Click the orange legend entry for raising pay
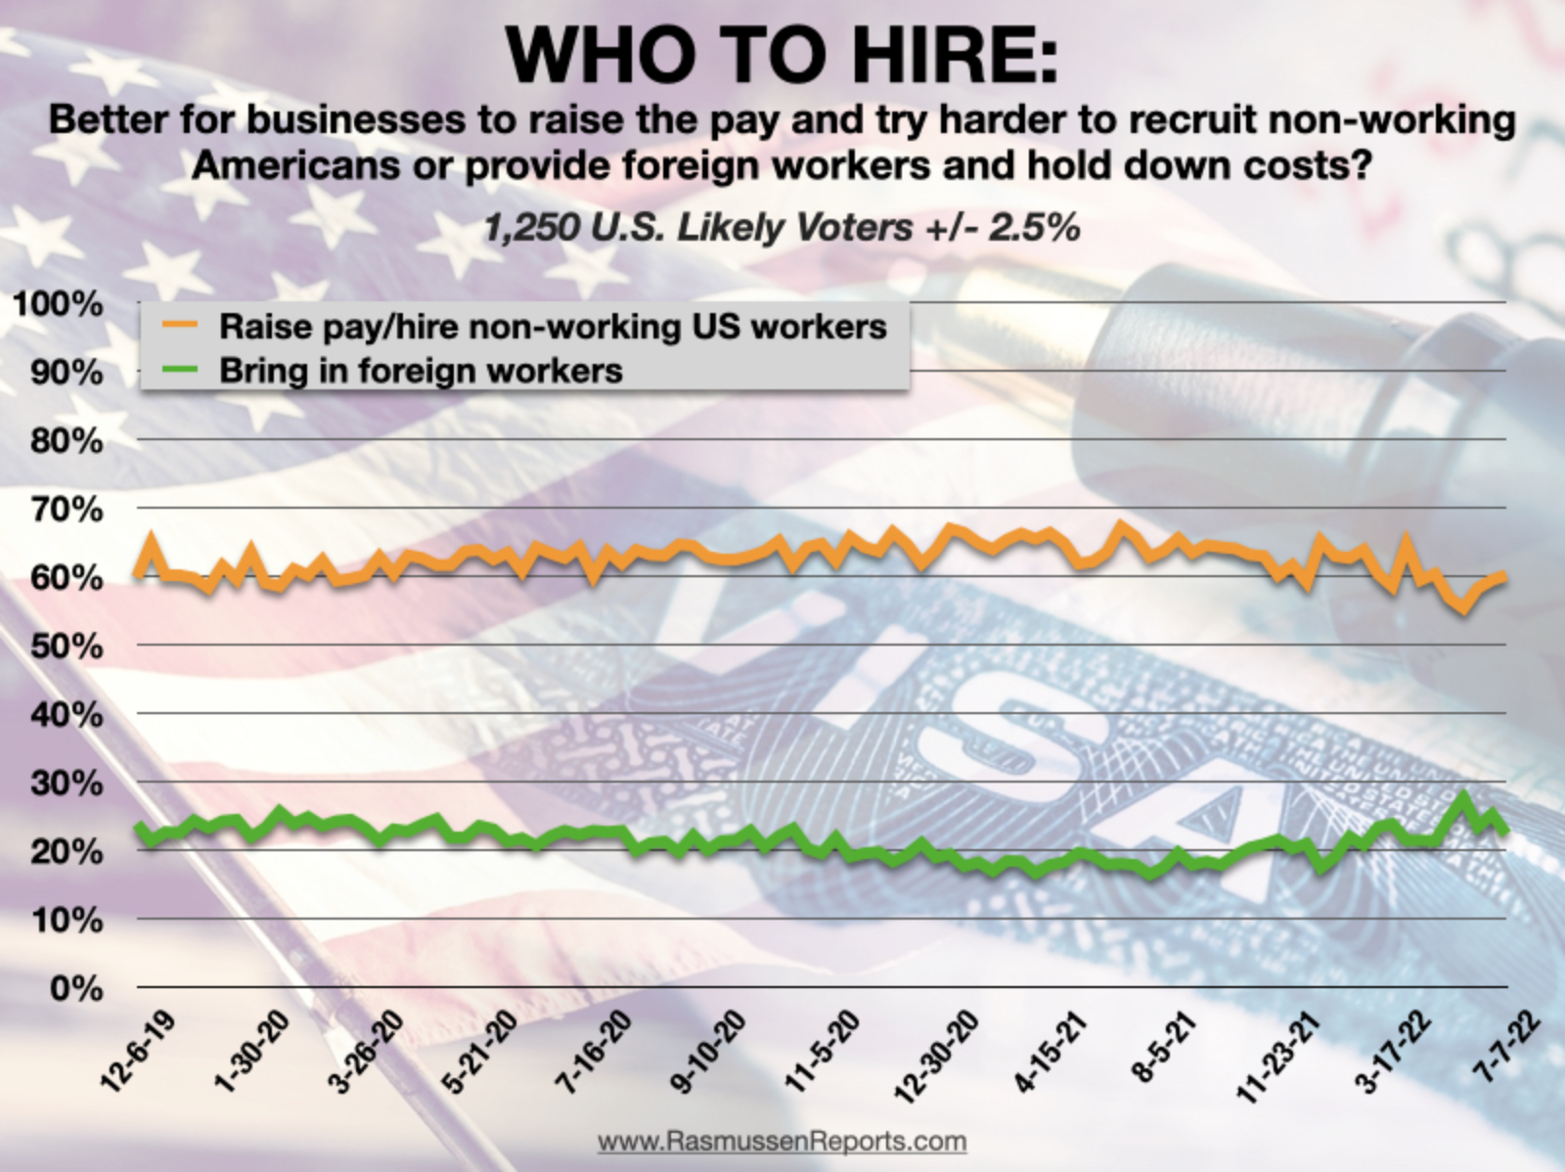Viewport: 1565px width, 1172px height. tap(552, 326)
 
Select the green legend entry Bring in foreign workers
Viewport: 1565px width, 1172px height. tap(420, 371)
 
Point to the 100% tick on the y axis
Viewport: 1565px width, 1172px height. tap(58, 304)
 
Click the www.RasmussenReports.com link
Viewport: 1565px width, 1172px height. tap(782, 1141)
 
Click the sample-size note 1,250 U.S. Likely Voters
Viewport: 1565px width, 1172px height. tap(782, 228)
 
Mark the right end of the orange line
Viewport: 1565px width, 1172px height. tap(1503, 576)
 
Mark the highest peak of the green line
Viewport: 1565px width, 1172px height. tap(1463, 795)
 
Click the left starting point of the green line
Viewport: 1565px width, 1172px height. tap(138, 825)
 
